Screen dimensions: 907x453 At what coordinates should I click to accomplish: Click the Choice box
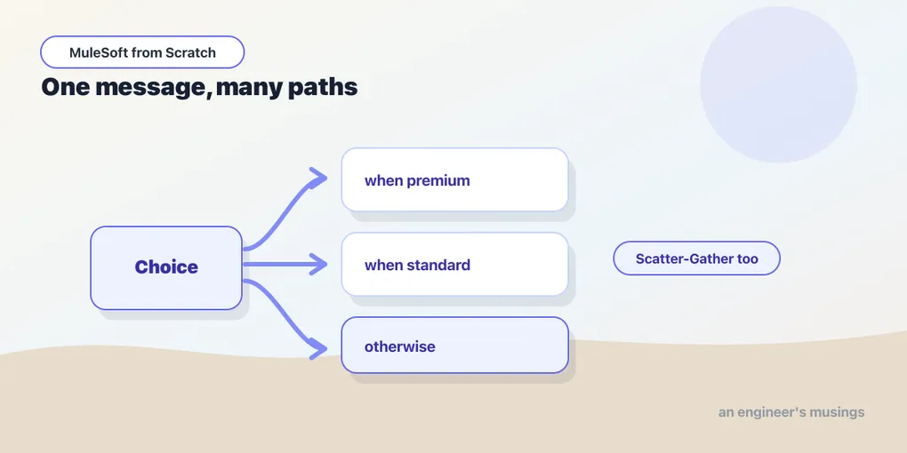coord(166,267)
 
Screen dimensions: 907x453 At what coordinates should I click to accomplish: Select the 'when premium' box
coord(454,179)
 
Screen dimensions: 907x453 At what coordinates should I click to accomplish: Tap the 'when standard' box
coord(454,264)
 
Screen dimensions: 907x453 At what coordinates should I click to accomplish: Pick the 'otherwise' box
coord(454,345)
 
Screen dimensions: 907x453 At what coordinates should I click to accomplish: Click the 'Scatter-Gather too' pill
coord(696,258)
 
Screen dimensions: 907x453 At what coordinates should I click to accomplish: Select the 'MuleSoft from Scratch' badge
coord(142,52)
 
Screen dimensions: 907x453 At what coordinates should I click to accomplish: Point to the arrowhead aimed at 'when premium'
coord(318,178)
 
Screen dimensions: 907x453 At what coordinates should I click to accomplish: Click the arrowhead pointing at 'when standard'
coord(318,264)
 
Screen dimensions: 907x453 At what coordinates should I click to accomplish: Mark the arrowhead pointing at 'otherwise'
coord(318,349)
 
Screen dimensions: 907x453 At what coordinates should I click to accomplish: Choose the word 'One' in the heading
coord(65,87)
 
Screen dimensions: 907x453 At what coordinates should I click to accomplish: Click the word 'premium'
coord(437,181)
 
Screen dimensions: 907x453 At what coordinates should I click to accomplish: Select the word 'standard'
coord(438,266)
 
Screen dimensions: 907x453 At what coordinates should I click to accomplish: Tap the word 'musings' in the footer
coord(838,412)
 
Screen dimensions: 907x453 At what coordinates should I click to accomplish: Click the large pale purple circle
coord(778,84)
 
